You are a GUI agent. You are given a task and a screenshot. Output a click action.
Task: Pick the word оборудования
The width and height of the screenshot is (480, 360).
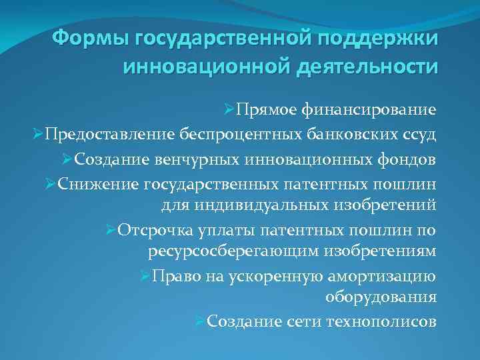point(381,297)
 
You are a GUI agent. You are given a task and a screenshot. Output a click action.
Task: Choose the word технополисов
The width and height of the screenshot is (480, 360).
point(382,322)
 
